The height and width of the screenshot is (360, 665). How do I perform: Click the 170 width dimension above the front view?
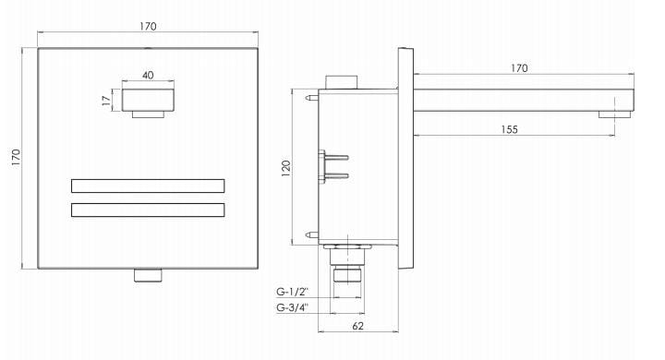tap(148, 27)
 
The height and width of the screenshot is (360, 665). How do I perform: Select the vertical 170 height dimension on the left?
tap(13, 158)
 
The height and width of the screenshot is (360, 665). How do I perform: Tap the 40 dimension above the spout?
tap(148, 75)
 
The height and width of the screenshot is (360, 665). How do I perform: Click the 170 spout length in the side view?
tap(519, 67)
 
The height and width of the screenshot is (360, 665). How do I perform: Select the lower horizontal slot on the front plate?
tap(148, 210)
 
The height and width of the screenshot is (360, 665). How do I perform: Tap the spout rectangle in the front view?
tap(148, 99)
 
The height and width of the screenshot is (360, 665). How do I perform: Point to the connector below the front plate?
tap(148, 275)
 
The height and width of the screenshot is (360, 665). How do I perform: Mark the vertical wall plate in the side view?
tap(405, 158)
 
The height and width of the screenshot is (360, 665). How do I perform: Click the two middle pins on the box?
tap(333, 164)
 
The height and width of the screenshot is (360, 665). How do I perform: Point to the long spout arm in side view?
tap(522, 98)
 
